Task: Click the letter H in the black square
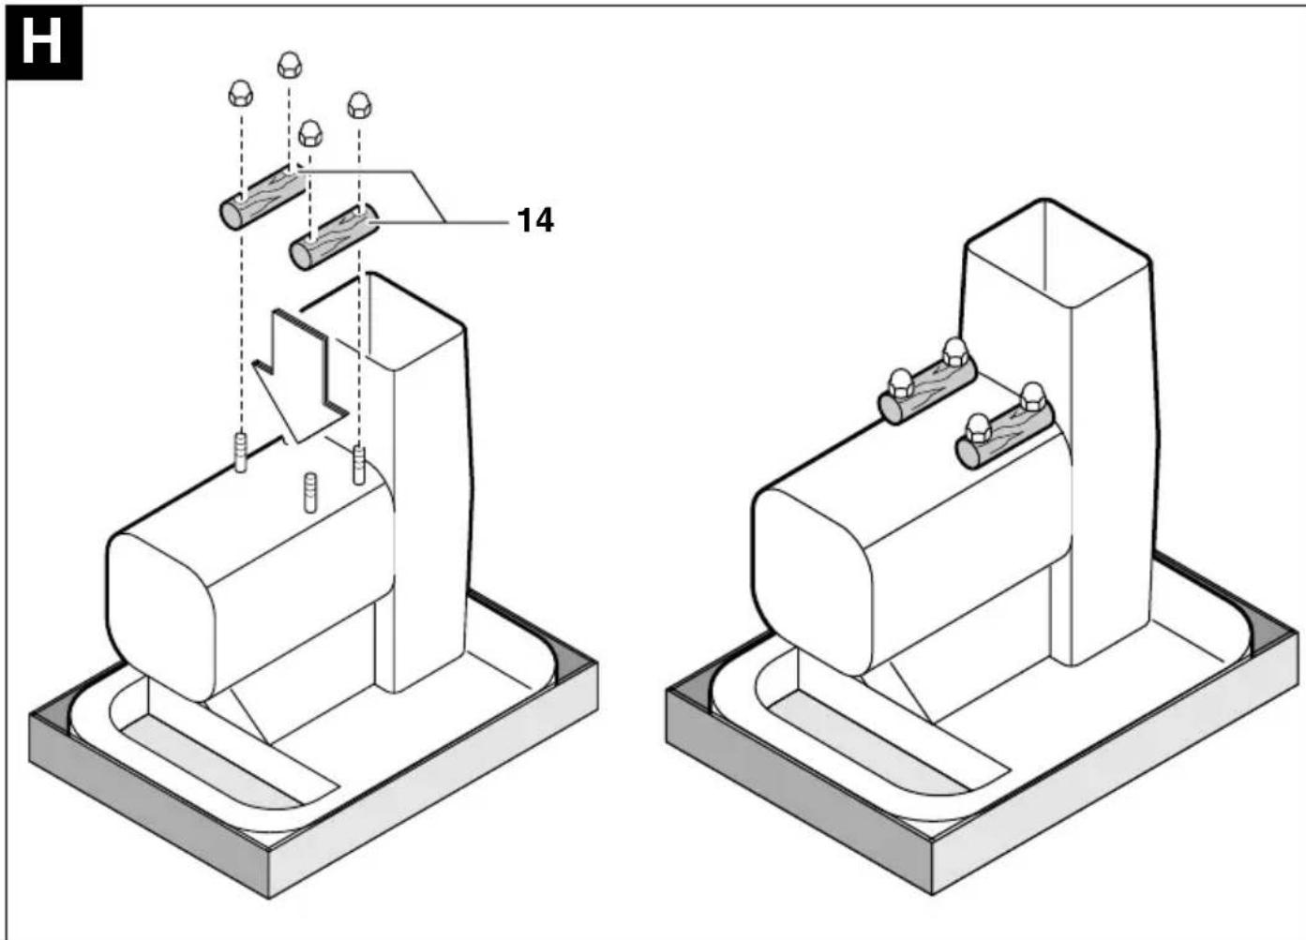coord(41,42)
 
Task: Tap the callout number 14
coord(535,220)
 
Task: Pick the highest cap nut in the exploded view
coord(290,65)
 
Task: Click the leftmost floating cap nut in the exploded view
coord(240,94)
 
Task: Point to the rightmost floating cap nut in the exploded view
coord(359,105)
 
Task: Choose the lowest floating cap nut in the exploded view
coord(310,134)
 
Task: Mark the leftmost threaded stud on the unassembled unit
coord(240,452)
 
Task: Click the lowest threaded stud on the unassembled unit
coord(310,492)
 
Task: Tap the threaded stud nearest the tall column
coord(359,465)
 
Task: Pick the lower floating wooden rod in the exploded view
coord(334,237)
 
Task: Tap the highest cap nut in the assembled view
coord(955,352)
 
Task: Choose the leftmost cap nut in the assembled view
coord(901,384)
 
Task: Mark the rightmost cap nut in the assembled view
coord(1032,397)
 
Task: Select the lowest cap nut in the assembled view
coord(979,428)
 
